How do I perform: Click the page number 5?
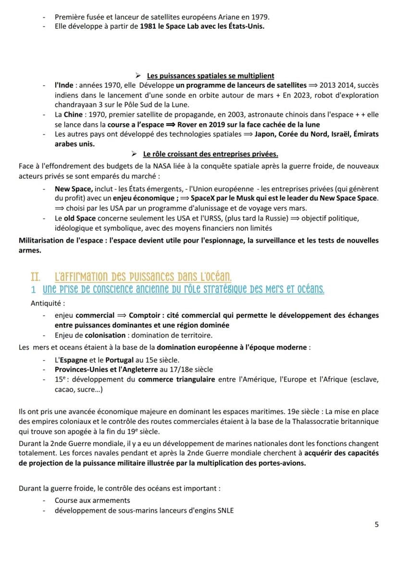pos(376,525)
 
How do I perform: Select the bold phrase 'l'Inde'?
pos(64,85)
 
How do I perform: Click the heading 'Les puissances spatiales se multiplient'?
pos(211,75)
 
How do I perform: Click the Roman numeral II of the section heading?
pos(35,277)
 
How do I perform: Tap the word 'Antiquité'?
pos(47,303)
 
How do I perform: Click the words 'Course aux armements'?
pos(86,500)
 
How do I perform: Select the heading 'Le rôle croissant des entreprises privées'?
pos(211,154)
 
